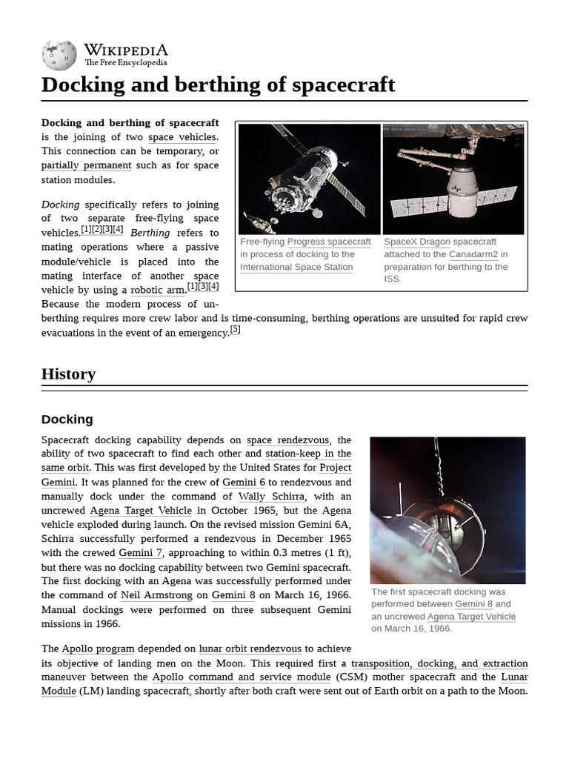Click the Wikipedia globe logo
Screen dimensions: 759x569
pos(59,55)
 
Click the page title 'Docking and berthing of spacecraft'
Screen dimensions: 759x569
pos(218,84)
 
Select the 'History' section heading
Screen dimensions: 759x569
pos(68,374)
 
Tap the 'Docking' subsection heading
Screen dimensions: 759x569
pos(67,420)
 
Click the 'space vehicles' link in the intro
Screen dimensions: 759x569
pos(182,137)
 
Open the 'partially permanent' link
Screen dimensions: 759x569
pos(86,165)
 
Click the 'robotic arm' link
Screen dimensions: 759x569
pos(158,290)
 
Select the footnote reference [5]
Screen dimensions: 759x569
pos(235,330)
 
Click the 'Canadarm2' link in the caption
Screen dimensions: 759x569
pos(473,254)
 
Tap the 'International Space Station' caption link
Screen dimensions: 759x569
pos(296,267)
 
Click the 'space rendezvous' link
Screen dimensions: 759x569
pos(287,440)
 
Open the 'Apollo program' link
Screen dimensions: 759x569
pos(98,649)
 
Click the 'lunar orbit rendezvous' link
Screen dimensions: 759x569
pos(250,649)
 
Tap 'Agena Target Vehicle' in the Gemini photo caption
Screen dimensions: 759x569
pos(471,617)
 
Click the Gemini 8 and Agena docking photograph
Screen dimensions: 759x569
pos(447,510)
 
